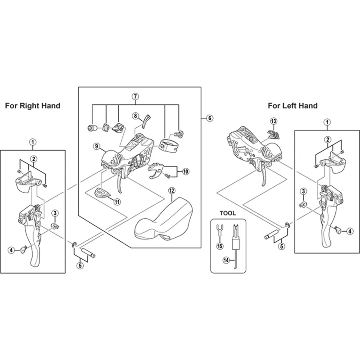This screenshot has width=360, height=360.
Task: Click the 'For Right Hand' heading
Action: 32,106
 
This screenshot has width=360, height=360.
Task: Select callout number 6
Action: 209,118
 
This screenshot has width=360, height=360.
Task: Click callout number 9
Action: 97,146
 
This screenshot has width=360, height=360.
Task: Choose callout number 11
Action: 117,202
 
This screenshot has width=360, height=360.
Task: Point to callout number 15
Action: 220,246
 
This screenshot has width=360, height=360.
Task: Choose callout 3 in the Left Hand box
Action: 303,192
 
